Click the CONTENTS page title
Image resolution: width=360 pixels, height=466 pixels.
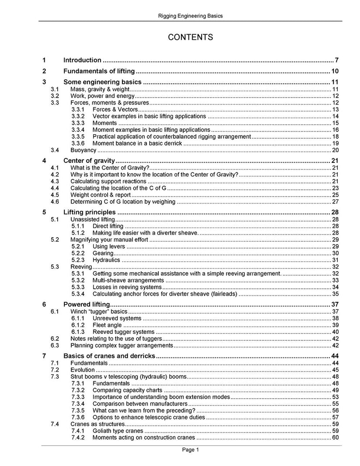coord(190,37)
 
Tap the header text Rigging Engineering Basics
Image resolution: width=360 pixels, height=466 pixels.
coord(190,16)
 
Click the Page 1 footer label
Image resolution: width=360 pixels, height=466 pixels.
coord(190,449)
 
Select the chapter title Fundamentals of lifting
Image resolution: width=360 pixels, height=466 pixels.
coord(99,71)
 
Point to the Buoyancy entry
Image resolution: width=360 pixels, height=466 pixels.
coord(84,150)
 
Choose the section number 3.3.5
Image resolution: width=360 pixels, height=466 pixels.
coord(79,137)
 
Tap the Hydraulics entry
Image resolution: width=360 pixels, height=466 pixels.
coord(106,260)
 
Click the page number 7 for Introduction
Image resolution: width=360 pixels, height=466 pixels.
coord(336,60)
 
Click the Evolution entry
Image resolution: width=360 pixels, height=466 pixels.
coord(83,370)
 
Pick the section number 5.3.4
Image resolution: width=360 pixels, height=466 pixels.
coord(79,294)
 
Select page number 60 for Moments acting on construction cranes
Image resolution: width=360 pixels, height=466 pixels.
coord(335,438)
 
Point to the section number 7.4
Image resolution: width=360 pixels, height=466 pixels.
coord(55,424)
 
